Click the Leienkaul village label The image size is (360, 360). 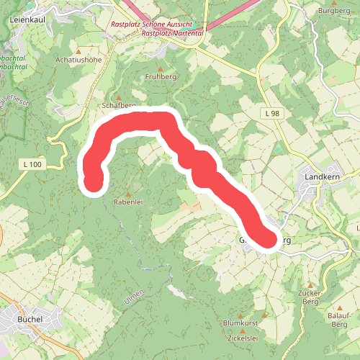(x=29, y=19)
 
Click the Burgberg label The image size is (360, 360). (x=333, y=12)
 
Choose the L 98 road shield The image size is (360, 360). (x=271, y=114)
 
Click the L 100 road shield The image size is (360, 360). (x=33, y=165)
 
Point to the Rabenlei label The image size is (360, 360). (x=130, y=203)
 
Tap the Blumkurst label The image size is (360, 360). (x=240, y=323)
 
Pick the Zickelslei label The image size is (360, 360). (x=242, y=338)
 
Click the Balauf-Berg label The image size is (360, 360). (x=338, y=320)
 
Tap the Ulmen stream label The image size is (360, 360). (x=135, y=296)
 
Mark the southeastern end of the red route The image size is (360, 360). (x=267, y=239)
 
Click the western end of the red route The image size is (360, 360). (x=93, y=183)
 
